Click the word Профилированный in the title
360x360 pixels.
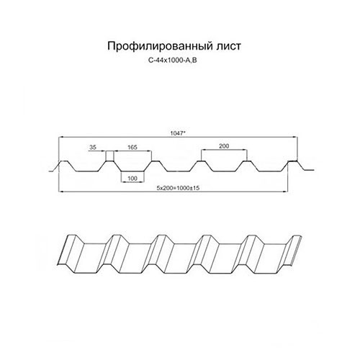click(157, 46)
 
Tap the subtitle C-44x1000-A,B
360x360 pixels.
click(173, 60)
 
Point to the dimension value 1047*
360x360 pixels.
click(178, 133)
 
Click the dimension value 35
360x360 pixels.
click(93, 147)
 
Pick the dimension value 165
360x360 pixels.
click(132, 147)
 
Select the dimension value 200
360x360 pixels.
click(224, 146)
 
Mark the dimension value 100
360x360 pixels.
click(132, 179)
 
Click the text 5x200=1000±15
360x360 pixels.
click(178, 188)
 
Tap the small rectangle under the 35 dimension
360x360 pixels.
click(110, 156)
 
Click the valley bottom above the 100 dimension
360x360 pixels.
click(132, 171)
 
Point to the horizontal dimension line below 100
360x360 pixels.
click(132, 182)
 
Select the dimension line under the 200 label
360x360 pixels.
click(224, 150)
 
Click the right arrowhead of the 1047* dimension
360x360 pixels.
click(296, 138)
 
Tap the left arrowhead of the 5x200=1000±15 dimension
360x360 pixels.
click(61, 192)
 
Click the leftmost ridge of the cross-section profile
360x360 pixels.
click(63, 161)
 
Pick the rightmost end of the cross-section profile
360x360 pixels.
click(313, 170)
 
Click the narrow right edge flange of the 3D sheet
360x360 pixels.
click(296, 251)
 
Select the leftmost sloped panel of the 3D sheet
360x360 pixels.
click(67, 250)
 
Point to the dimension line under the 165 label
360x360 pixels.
click(132, 151)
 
